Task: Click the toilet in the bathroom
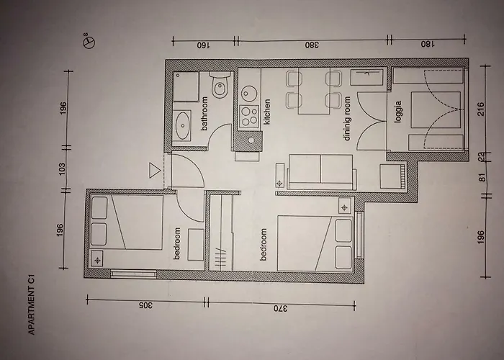coord(220,85)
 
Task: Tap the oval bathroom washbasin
coord(183,125)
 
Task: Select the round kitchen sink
coord(248,94)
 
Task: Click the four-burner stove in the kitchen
coord(250,117)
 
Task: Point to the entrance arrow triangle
coord(154,170)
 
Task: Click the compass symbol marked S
coord(90,42)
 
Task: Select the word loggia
coord(399,112)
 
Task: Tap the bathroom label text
coord(204,114)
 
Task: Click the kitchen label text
coord(266,112)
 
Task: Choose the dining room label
coord(347,119)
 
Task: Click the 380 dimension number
coord(312,45)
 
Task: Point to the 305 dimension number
coord(145,305)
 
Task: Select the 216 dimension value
coord(481,109)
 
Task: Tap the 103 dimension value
coord(62,169)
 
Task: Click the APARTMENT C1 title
coord(31,304)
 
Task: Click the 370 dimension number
coord(281,308)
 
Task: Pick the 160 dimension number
coord(203,45)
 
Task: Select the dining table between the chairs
coord(314,91)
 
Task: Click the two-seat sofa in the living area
coord(322,172)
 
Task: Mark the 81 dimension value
coord(482,177)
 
